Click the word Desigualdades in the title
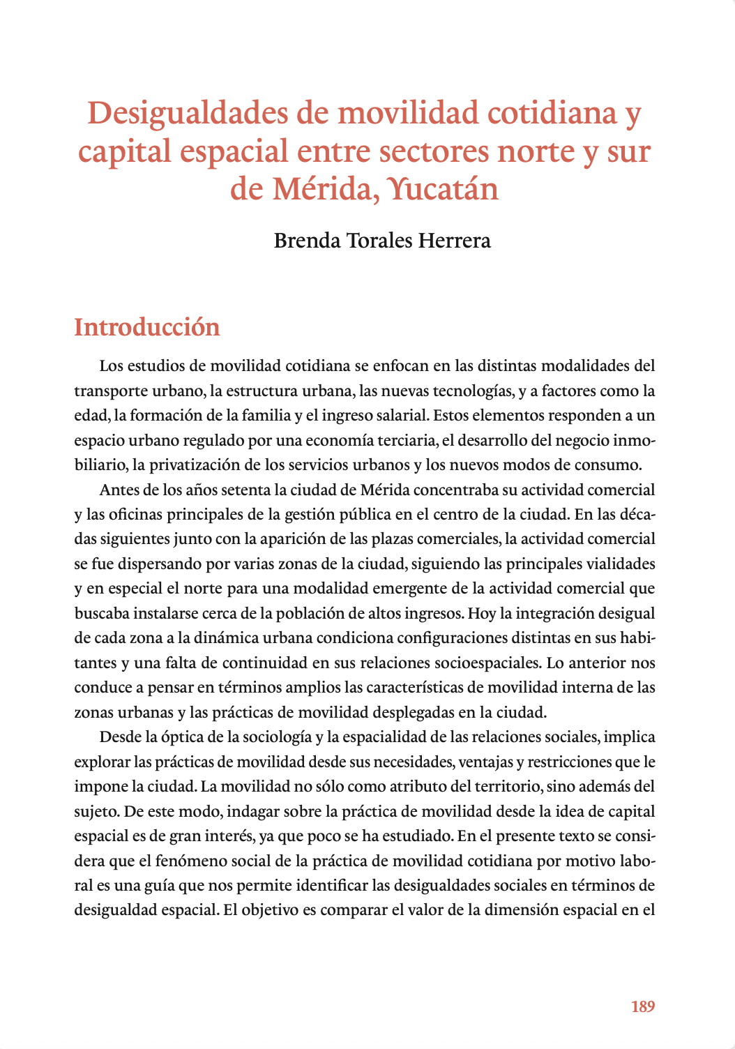click(x=187, y=114)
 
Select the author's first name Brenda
click(x=307, y=241)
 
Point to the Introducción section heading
click(x=147, y=327)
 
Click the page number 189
click(x=642, y=1006)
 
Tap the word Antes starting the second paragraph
click(x=119, y=490)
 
